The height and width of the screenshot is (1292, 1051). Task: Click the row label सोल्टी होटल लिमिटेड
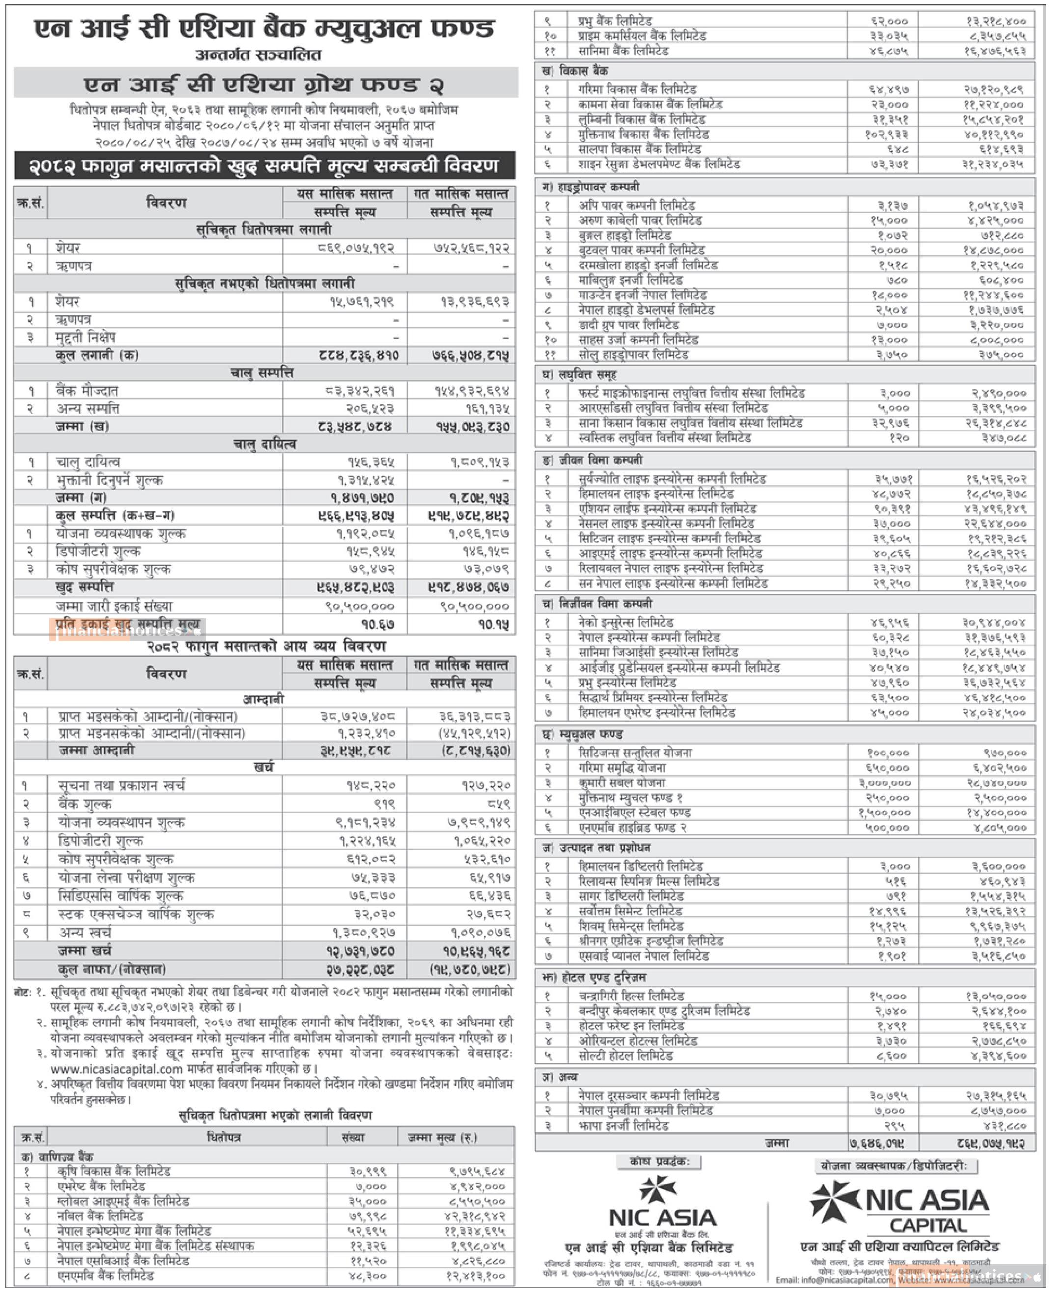coord(625,1056)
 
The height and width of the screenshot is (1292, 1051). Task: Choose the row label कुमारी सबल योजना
coord(622,783)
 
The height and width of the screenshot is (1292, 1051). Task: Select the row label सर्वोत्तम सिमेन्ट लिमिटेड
coord(630,911)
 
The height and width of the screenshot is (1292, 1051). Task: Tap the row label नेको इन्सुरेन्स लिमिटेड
coord(625,622)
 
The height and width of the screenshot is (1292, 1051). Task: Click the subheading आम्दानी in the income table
coord(263,699)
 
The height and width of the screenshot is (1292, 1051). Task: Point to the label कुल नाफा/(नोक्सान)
coord(111,969)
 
